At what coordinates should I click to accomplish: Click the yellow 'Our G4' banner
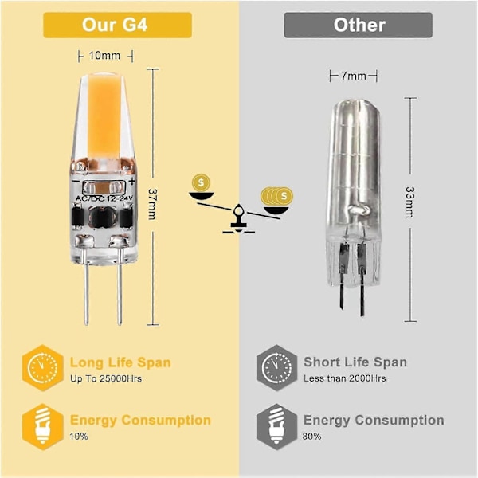pyautogui.click(x=117, y=25)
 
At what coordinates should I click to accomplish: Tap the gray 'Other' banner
pyautogui.click(x=358, y=25)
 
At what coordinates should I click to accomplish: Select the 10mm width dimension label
pyautogui.click(x=100, y=56)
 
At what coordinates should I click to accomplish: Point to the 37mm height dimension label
pyautogui.click(x=152, y=204)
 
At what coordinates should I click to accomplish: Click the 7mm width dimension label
pyautogui.click(x=353, y=76)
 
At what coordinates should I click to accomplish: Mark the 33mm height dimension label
pyautogui.click(x=409, y=202)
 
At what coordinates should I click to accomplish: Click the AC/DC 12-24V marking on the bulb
pyautogui.click(x=104, y=198)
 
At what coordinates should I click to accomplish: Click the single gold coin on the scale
pyautogui.click(x=201, y=182)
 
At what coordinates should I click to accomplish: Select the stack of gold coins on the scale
pyautogui.click(x=276, y=196)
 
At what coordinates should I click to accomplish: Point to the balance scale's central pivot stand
pyautogui.click(x=239, y=219)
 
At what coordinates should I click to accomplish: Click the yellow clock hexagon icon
pyautogui.click(x=43, y=368)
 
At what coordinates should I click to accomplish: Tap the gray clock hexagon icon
pyautogui.click(x=276, y=368)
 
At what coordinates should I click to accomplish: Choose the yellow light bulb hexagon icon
pyautogui.click(x=43, y=427)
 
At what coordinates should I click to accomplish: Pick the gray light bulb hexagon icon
pyautogui.click(x=276, y=427)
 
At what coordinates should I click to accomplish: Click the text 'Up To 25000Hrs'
pyautogui.click(x=106, y=379)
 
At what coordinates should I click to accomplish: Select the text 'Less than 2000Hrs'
pyautogui.click(x=344, y=378)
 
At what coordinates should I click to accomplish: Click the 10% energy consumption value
pyautogui.click(x=79, y=437)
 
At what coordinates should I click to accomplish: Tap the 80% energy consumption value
pyautogui.click(x=311, y=437)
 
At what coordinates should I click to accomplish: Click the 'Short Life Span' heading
pyautogui.click(x=355, y=362)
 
